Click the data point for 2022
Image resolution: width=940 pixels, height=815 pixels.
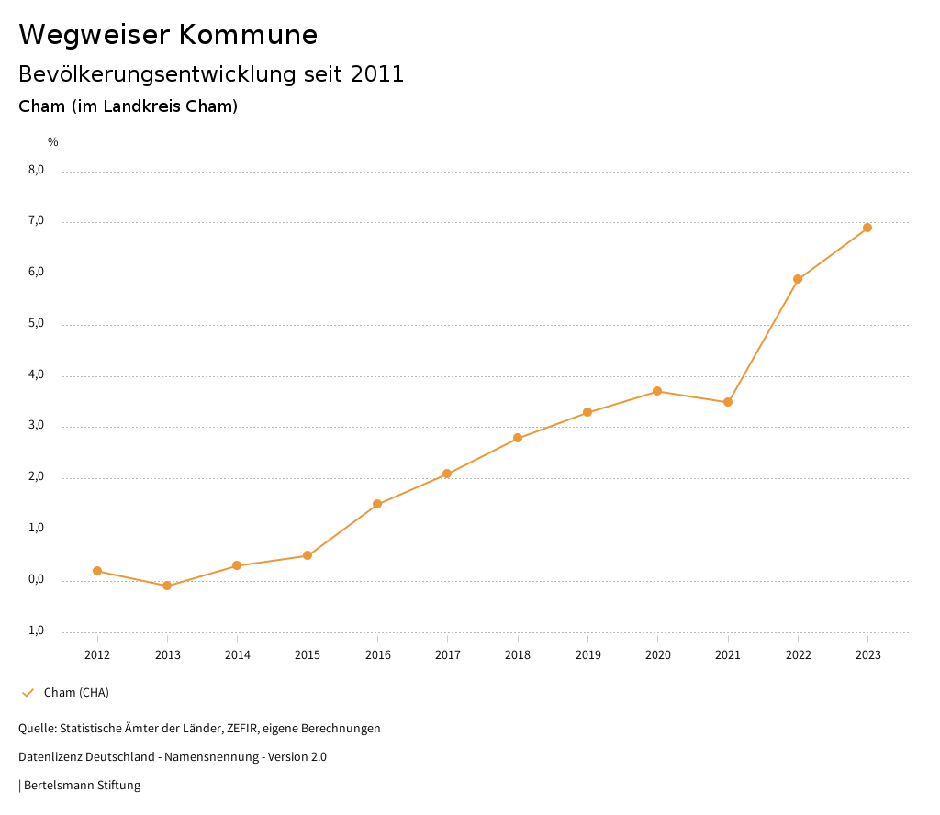(798, 279)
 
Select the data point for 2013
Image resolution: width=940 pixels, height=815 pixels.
(167, 586)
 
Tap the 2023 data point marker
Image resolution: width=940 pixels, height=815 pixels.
(867, 228)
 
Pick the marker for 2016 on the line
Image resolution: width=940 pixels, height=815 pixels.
(377, 504)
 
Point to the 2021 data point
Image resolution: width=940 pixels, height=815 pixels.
(728, 402)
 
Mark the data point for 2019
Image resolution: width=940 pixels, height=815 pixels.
(587, 412)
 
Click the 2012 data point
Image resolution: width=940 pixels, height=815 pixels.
(97, 571)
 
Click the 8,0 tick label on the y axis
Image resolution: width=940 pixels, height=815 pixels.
(36, 170)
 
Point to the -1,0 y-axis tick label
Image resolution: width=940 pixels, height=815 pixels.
(35, 631)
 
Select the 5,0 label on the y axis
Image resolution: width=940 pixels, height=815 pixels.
(36, 324)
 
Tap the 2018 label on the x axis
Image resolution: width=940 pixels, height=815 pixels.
(518, 655)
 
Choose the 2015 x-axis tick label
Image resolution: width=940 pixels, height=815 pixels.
(308, 655)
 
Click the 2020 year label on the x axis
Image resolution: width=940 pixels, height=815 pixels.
(658, 655)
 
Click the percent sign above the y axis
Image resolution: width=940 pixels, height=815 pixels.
(53, 142)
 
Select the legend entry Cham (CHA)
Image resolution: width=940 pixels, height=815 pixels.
(76, 692)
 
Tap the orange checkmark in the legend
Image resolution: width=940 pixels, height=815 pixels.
(28, 692)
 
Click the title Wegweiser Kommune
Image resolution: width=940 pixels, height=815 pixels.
(168, 35)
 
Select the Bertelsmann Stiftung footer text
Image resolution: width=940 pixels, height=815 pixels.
(82, 786)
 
